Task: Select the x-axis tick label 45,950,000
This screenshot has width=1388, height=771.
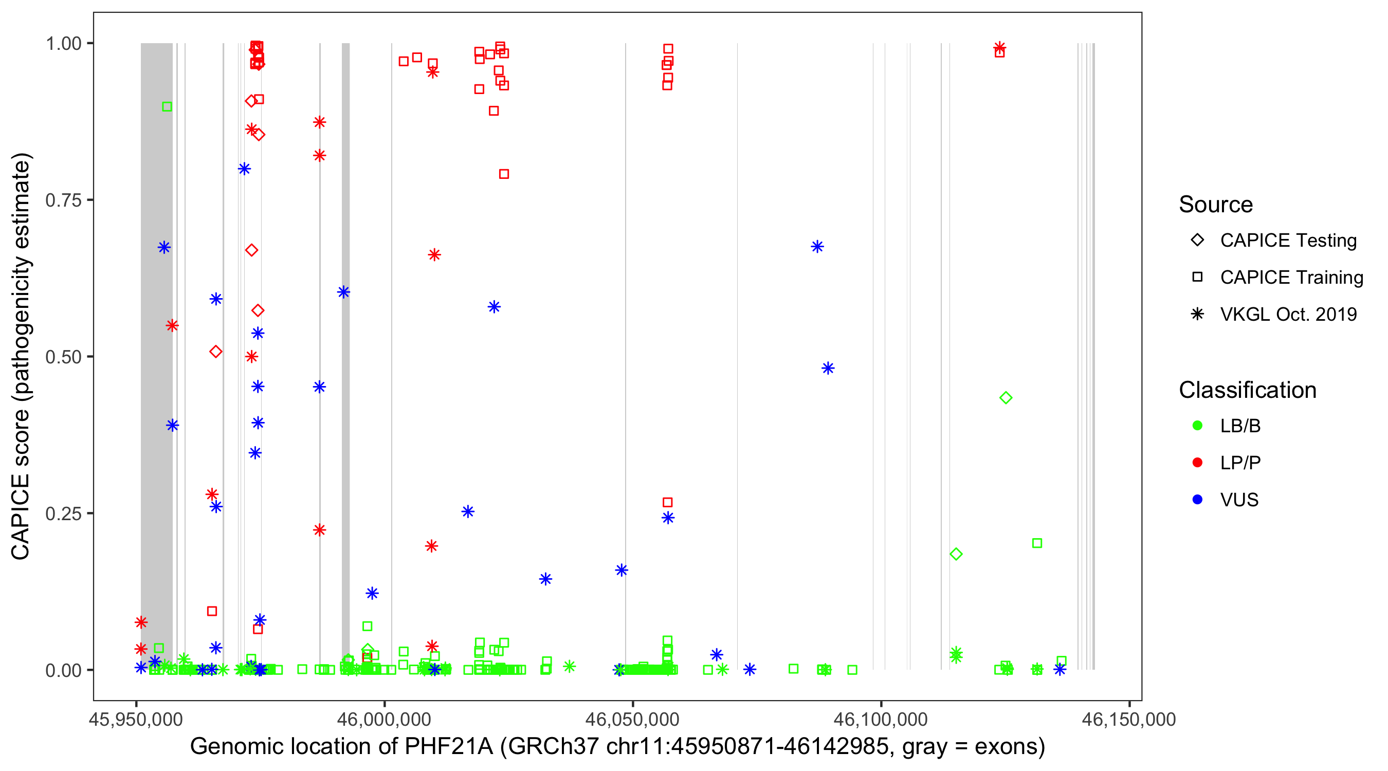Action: click(x=136, y=719)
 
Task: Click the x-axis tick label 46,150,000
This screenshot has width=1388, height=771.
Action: click(x=1129, y=719)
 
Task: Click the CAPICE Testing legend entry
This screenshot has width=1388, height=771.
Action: click(x=1288, y=241)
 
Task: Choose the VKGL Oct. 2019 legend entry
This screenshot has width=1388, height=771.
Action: click(x=1288, y=314)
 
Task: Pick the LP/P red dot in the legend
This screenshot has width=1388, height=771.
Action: click(x=1197, y=463)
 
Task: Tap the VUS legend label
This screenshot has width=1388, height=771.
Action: click(x=1239, y=500)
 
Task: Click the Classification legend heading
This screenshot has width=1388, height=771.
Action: click(x=1247, y=390)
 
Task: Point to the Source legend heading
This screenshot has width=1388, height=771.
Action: click(x=1216, y=205)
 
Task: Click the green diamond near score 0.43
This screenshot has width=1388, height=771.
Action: click(x=1006, y=398)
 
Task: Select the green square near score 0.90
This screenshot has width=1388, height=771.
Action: click(x=167, y=107)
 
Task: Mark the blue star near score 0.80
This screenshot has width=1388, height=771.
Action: click(x=244, y=169)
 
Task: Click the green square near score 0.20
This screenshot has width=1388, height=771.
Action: click(x=1037, y=543)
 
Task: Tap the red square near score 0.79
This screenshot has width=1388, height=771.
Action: click(x=504, y=174)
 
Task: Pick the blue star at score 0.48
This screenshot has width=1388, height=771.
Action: click(x=828, y=369)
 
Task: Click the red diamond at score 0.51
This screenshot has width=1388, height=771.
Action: click(x=215, y=352)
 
